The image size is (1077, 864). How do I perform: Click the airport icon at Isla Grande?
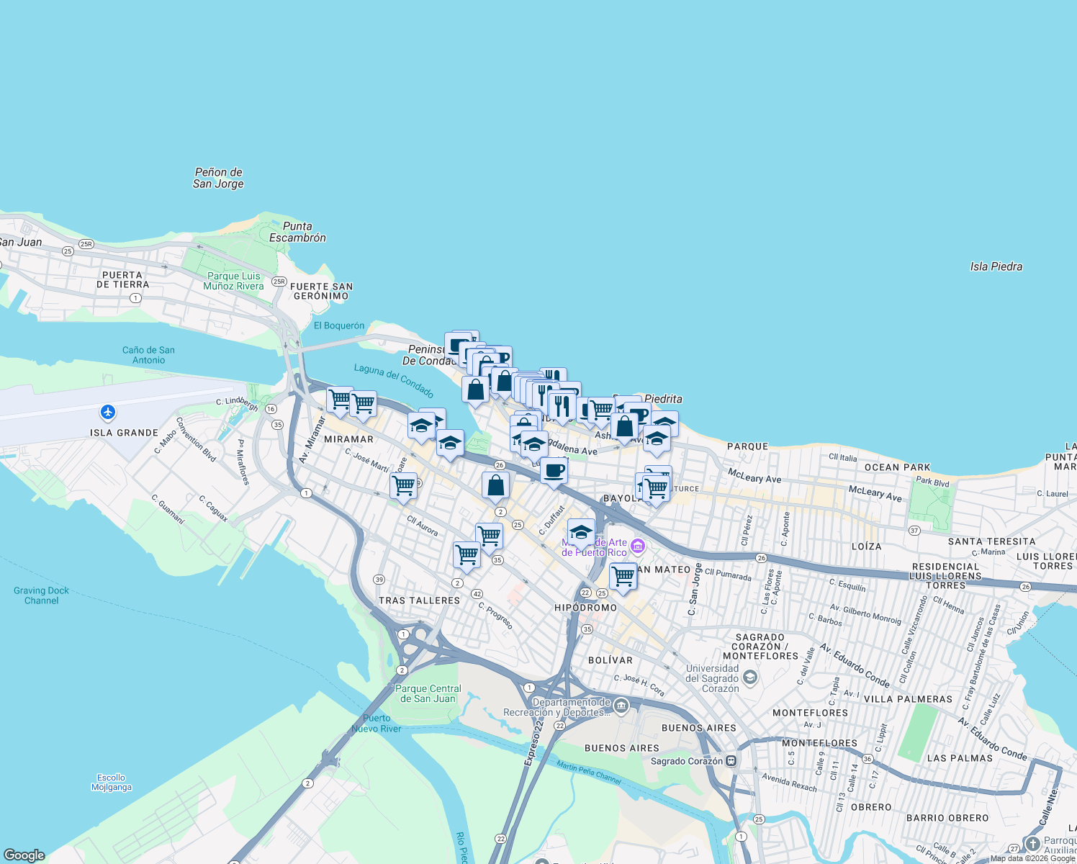(108, 413)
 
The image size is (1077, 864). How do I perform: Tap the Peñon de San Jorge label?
(218, 178)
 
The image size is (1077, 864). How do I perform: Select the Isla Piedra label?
(996, 266)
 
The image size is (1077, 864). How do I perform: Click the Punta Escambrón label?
(297, 232)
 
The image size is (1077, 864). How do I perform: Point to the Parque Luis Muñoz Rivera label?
(233, 281)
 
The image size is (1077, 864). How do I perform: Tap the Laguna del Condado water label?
(394, 381)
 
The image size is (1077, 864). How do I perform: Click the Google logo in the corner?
(24, 855)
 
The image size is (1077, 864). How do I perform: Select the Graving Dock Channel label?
(41, 595)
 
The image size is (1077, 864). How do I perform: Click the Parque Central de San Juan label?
(428, 693)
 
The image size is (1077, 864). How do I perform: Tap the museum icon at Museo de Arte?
(637, 547)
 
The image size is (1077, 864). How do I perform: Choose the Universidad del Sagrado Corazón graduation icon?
(749, 678)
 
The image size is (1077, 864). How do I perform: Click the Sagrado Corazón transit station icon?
(731, 760)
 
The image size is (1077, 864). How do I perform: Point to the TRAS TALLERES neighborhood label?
(419, 600)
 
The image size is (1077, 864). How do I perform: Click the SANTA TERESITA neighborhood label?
(991, 541)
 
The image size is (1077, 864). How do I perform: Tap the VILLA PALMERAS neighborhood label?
(907, 699)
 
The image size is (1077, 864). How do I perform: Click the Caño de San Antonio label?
(148, 355)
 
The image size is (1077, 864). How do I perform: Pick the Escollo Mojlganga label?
(112, 783)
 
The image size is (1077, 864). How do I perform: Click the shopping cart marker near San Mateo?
(623, 576)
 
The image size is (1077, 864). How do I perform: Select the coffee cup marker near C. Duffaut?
(554, 471)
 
